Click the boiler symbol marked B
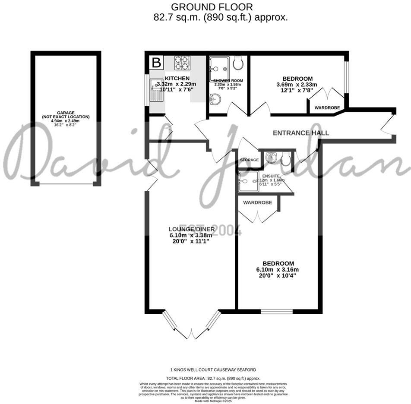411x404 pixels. (x=157, y=63)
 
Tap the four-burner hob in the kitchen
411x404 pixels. (x=183, y=63)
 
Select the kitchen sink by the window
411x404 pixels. (x=156, y=90)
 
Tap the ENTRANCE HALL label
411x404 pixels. (x=301, y=133)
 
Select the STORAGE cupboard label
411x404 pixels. (x=250, y=160)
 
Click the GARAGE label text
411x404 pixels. (x=66, y=112)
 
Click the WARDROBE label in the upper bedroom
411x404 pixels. (x=327, y=107)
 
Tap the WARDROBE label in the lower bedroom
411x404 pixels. (x=257, y=202)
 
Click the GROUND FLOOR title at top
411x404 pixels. (x=212, y=7)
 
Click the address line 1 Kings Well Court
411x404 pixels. (x=213, y=370)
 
